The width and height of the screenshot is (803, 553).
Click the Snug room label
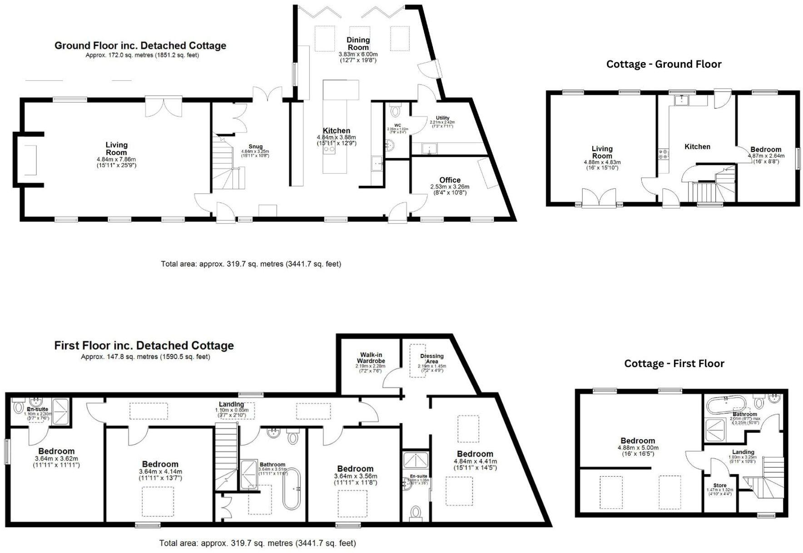click(x=249, y=146)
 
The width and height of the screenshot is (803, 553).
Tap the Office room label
click(x=450, y=180)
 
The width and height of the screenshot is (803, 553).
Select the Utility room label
click(x=442, y=118)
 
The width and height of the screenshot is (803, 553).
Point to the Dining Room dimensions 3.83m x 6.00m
click(x=358, y=54)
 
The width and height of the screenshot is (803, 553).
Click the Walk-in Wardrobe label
click(x=371, y=358)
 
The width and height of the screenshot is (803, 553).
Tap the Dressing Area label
click(x=431, y=359)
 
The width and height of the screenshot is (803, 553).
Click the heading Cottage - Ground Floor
click(x=664, y=64)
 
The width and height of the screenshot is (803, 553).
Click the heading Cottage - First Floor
click(x=674, y=364)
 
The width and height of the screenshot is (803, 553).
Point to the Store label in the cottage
click(x=720, y=485)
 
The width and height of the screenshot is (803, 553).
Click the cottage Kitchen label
click(x=697, y=146)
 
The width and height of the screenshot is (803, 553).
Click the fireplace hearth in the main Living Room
click(x=30, y=159)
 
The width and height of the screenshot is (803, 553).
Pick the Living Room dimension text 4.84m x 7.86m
click(x=116, y=159)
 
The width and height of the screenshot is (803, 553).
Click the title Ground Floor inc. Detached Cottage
click(x=140, y=46)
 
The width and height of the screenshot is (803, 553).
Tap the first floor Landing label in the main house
click(x=231, y=404)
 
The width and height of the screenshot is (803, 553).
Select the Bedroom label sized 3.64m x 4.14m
click(x=160, y=464)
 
